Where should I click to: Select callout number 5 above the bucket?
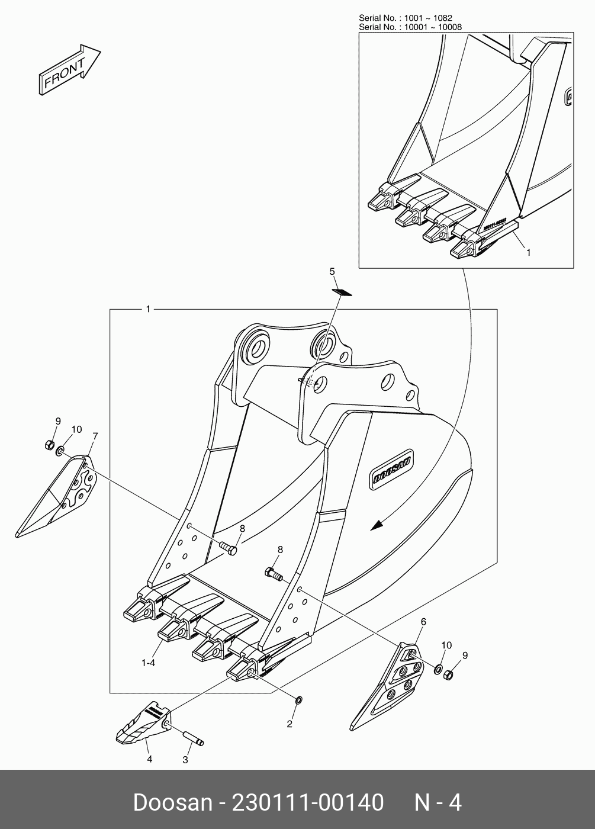point(332,271)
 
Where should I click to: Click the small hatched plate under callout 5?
point(341,291)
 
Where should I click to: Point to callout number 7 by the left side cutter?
point(95,436)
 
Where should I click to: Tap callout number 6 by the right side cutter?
point(423,622)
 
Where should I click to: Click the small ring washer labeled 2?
point(298,701)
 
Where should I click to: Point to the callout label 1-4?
point(148,663)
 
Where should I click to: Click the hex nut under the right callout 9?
point(448,674)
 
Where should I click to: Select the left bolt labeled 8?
point(227,548)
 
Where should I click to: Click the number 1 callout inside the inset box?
point(529,252)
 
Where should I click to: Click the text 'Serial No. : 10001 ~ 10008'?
point(410,27)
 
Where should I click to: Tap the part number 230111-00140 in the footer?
point(308,803)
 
